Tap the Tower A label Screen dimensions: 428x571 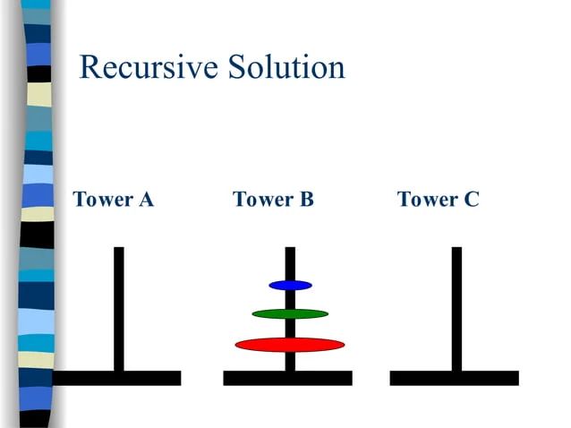click(113, 199)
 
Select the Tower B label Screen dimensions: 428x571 click(273, 199)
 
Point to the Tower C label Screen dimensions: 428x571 click(438, 199)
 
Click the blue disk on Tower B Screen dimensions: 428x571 click(290, 285)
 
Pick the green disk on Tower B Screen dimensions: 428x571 click(290, 313)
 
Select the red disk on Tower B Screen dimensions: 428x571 click(290, 345)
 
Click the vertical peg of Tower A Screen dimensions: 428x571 click(118, 304)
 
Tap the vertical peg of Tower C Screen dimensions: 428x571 click(456, 304)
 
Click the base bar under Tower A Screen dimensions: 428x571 click(117, 378)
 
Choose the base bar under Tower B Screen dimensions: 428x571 click(287, 378)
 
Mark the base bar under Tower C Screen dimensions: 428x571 click(454, 378)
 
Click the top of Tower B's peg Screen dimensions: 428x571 click(290, 253)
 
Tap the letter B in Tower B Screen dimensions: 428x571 click(306, 199)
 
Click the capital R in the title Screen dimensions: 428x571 click(90, 68)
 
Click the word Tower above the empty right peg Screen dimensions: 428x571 click(423, 199)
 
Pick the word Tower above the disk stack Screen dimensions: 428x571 click(259, 199)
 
